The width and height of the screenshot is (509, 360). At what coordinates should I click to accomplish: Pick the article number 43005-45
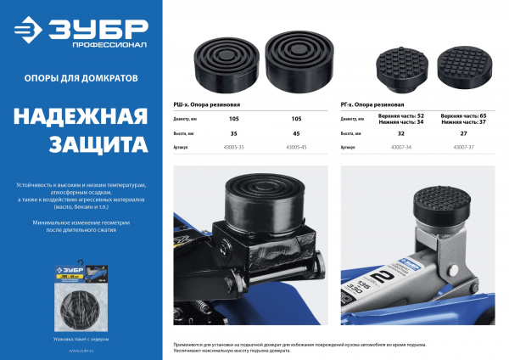pos(296,148)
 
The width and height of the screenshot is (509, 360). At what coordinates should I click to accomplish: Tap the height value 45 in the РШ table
pos(296,133)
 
